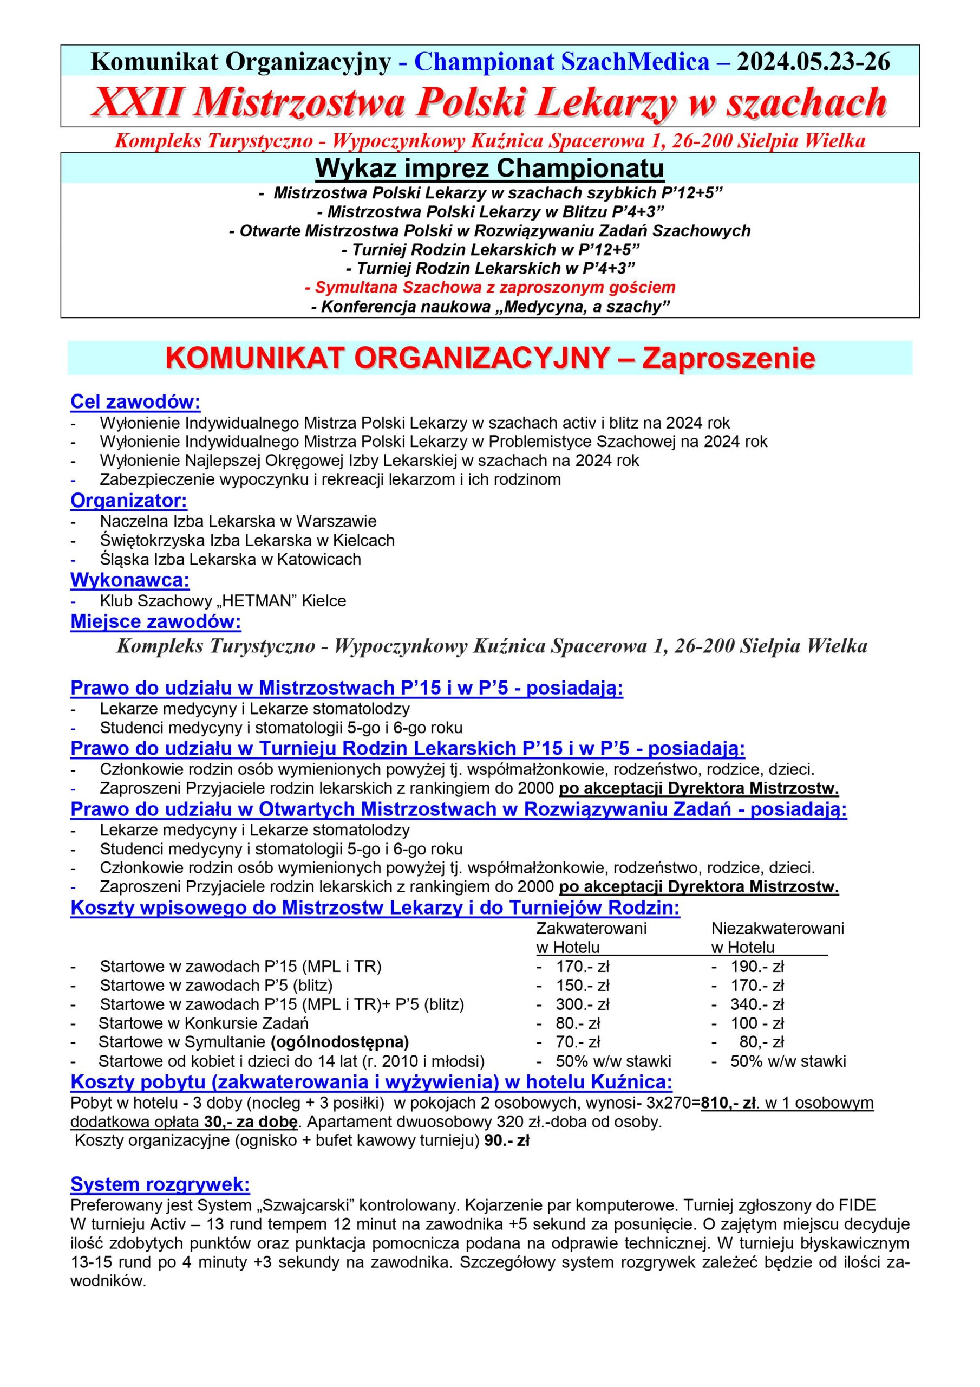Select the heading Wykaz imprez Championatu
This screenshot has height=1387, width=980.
coord(489,168)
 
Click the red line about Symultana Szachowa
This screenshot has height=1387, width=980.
coord(489,287)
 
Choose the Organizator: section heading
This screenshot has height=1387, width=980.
coord(129,501)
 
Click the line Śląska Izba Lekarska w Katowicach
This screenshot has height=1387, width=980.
coord(230,559)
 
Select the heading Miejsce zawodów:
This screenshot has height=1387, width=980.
coord(155,621)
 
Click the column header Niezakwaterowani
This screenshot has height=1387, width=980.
coord(777,929)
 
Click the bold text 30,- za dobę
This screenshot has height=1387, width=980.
coord(249,1123)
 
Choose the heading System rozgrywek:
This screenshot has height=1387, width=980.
coord(160,1184)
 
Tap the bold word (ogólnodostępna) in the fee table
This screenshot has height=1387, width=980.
coord(340,1042)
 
